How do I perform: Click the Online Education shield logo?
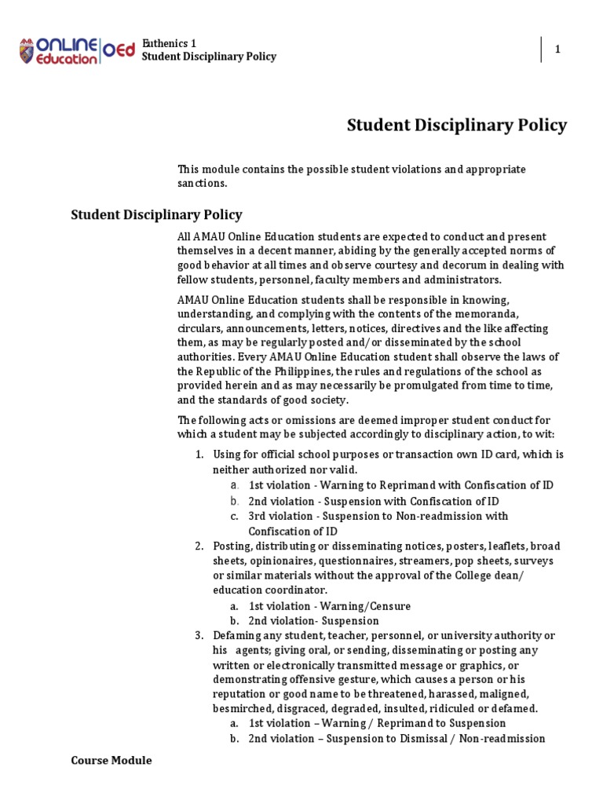pos(28,50)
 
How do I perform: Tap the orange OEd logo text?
pos(118,50)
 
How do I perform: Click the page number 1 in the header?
pos(557,49)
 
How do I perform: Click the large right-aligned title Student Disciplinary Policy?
pos(456,126)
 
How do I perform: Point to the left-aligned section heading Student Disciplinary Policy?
pos(156,214)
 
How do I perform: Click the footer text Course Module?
pos(111,760)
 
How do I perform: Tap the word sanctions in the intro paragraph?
pos(200,183)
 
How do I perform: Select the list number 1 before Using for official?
pos(199,455)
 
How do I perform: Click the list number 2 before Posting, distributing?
pos(199,546)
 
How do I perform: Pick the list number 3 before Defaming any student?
pos(199,635)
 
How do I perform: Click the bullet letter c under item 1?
pos(234,516)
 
